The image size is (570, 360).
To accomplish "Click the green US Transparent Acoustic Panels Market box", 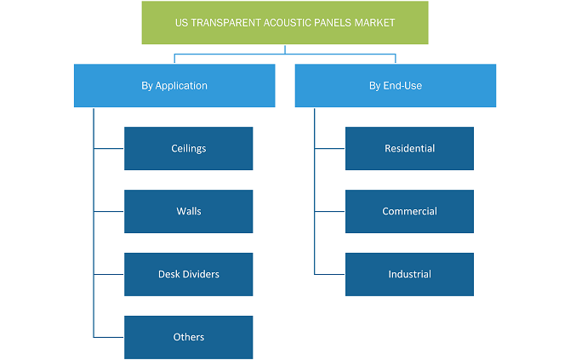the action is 285,22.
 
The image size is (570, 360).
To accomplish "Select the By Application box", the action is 174,85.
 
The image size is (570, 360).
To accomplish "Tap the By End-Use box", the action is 396,85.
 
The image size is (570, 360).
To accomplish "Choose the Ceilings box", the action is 189,148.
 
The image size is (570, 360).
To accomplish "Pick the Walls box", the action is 189,211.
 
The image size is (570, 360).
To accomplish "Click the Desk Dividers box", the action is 189,274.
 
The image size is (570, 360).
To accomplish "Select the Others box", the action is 189,337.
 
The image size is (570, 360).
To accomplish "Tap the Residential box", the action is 410,148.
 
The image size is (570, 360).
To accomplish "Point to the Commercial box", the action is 410,211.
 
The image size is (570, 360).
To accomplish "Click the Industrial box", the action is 410,274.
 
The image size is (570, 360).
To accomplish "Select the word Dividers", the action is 201,274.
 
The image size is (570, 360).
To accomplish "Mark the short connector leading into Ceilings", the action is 109,148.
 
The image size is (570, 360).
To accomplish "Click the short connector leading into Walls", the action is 109,211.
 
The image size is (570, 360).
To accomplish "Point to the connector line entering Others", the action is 109,337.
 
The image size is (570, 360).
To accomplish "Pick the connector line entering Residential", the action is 330,148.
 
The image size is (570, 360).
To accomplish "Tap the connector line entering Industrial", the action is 330,274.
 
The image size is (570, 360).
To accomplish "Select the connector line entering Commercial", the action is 330,211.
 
